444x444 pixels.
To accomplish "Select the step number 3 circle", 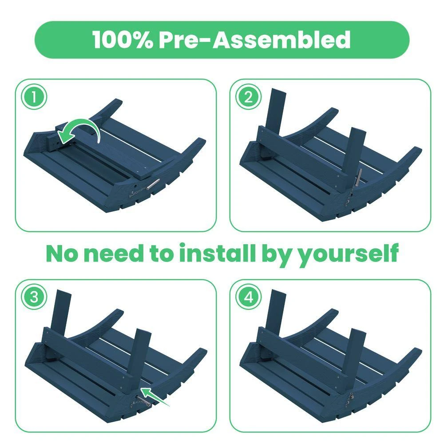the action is pos(34,297).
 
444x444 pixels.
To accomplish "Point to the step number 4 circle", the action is pos(248,297).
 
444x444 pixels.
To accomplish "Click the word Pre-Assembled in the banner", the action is pos(255,40).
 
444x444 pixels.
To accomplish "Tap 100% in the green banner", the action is pos(123,40).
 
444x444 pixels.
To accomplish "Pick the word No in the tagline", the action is pos(62,254).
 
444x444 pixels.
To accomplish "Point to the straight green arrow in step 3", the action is pos(155,396).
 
